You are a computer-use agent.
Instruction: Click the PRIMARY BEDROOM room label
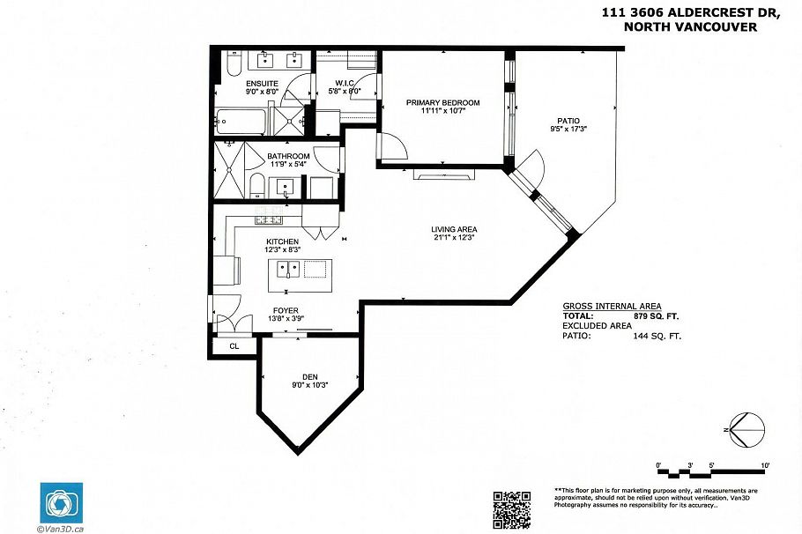[442, 103]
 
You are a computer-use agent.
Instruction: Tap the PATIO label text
[568, 122]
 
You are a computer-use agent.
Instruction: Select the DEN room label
[308, 375]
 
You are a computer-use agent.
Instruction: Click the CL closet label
[234, 346]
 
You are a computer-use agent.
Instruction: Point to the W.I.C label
[344, 84]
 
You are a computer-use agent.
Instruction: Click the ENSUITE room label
[262, 84]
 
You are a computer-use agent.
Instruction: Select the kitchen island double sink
[286, 269]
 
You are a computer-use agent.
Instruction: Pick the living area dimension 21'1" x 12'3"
[454, 237]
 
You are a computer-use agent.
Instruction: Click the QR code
[511, 509]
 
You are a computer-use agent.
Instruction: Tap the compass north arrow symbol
[745, 429]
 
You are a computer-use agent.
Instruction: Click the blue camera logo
[59, 502]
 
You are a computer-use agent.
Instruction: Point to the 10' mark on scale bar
[764, 464]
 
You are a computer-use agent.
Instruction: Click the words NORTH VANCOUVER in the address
[689, 27]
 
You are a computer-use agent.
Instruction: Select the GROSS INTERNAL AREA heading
[612, 306]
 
